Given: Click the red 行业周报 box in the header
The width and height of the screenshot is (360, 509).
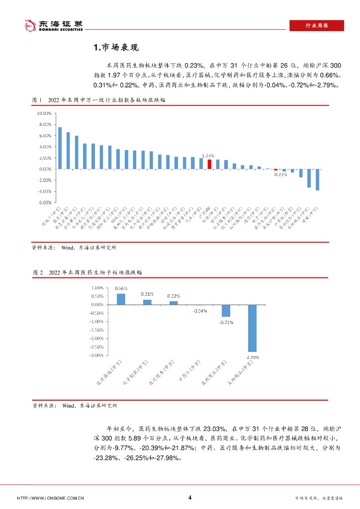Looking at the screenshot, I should pyautogui.click(x=316, y=26).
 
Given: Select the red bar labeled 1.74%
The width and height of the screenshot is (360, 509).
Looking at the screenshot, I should pyautogui.click(x=209, y=164).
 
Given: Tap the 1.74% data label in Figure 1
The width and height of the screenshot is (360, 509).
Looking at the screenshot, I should pyautogui.click(x=208, y=156).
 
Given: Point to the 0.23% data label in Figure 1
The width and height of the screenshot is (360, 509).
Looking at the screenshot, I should pyautogui.click(x=281, y=174).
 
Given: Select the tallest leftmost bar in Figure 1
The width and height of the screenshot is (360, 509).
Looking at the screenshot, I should pyautogui.click(x=60, y=148).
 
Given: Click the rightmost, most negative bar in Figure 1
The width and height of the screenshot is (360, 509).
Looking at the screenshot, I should pyautogui.click(x=317, y=179).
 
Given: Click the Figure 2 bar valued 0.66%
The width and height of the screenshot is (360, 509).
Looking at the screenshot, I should pyautogui.click(x=121, y=299).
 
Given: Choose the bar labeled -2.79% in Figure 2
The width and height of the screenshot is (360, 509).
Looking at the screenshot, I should pyautogui.click(x=252, y=328).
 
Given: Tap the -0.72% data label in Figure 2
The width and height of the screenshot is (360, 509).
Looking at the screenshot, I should pyautogui.click(x=226, y=322).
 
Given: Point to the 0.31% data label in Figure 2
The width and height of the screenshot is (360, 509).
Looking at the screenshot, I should pyautogui.click(x=147, y=294).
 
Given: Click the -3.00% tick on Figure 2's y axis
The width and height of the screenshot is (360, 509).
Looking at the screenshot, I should pyautogui.click(x=96, y=355).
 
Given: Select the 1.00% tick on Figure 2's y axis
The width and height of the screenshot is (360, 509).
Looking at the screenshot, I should pyautogui.click(x=97, y=288).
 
